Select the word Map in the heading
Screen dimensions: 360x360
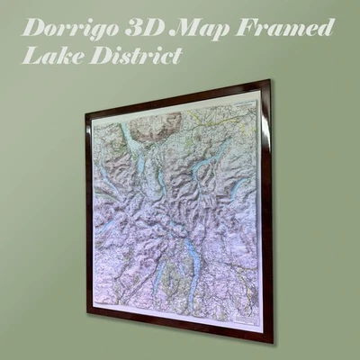204,28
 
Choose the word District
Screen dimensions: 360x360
130,55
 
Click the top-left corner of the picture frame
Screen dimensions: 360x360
86,112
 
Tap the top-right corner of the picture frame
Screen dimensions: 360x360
269,81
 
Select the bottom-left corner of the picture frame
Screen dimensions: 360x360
87,312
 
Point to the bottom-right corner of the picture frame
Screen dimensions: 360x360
273,343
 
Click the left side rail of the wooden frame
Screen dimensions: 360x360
88,212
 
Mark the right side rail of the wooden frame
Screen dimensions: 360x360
269,211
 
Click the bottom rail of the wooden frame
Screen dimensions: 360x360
180,328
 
